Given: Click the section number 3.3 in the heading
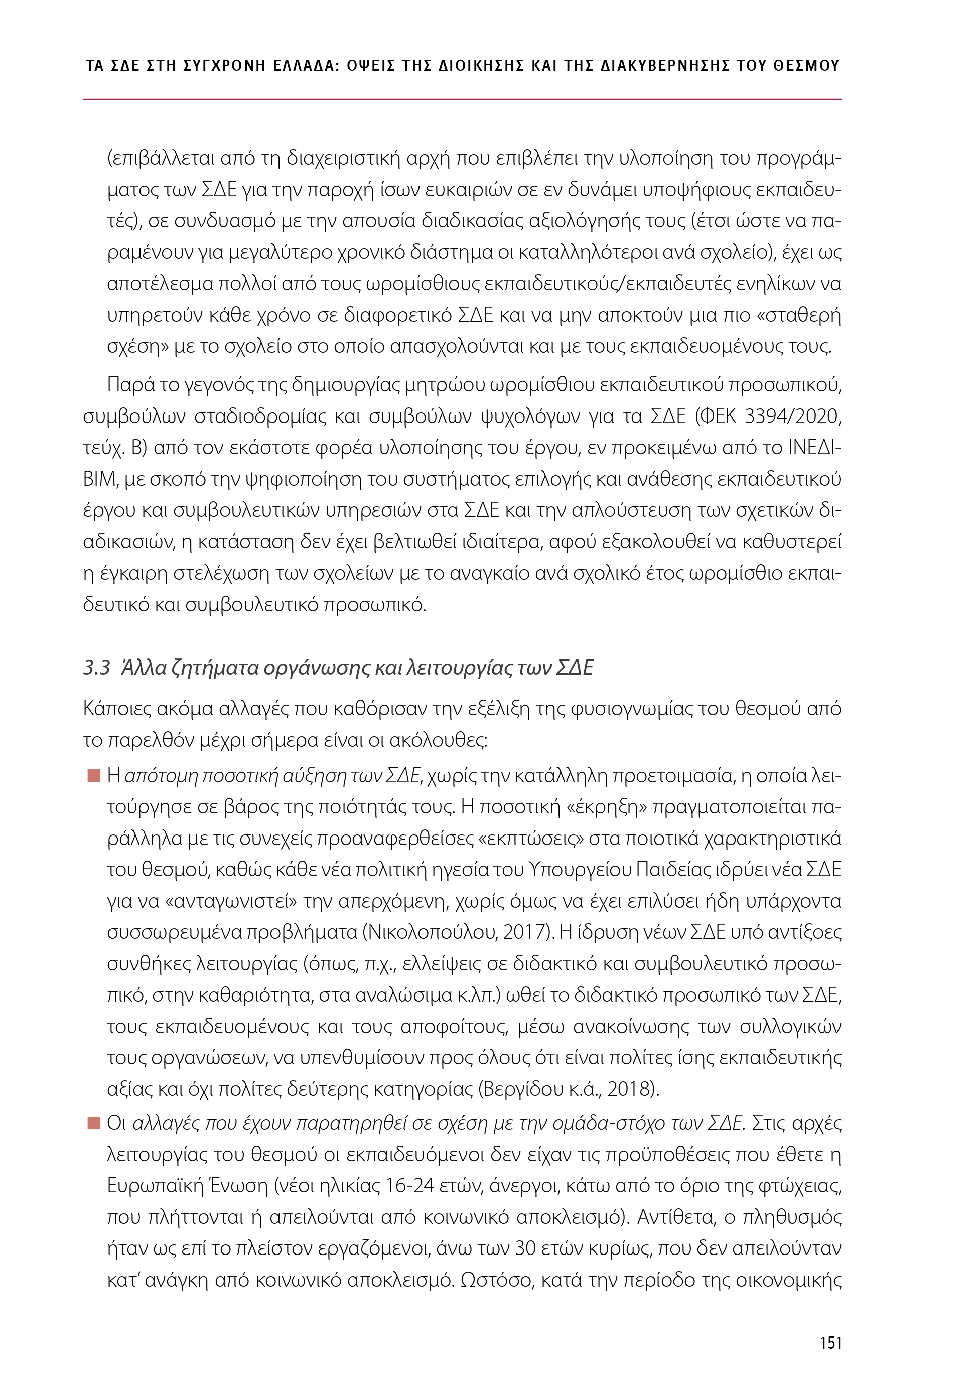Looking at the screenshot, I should point(96,668).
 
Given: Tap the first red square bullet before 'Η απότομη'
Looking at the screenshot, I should point(93,776).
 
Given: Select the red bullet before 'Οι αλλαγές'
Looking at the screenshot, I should point(93,1124).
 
